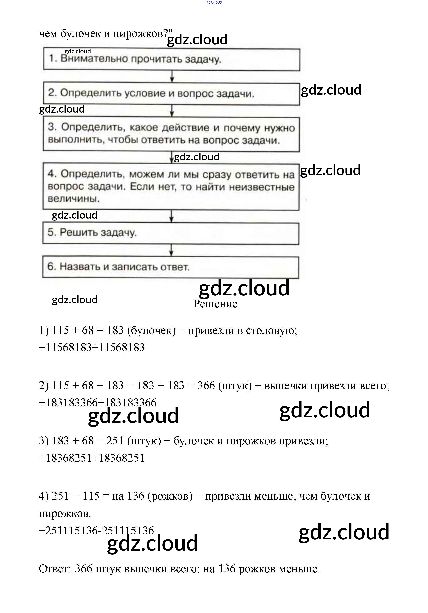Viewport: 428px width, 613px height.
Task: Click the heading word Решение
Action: coord(215,304)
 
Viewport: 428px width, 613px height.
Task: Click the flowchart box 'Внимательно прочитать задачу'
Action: coord(172,59)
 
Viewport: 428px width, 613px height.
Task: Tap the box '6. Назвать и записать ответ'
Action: coord(171,267)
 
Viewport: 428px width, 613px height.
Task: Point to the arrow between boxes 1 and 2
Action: coord(172,76)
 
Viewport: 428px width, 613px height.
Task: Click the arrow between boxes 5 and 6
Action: coord(171,250)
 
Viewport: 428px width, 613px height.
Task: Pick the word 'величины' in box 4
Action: coord(73,199)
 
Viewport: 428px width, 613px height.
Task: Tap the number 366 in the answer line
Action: coord(83,569)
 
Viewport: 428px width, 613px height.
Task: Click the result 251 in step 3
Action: coord(115,441)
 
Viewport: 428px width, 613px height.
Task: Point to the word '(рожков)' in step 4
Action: coord(170,496)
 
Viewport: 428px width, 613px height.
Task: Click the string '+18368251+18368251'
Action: coord(92,458)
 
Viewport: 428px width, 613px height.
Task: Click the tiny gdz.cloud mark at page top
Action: coord(214,2)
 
